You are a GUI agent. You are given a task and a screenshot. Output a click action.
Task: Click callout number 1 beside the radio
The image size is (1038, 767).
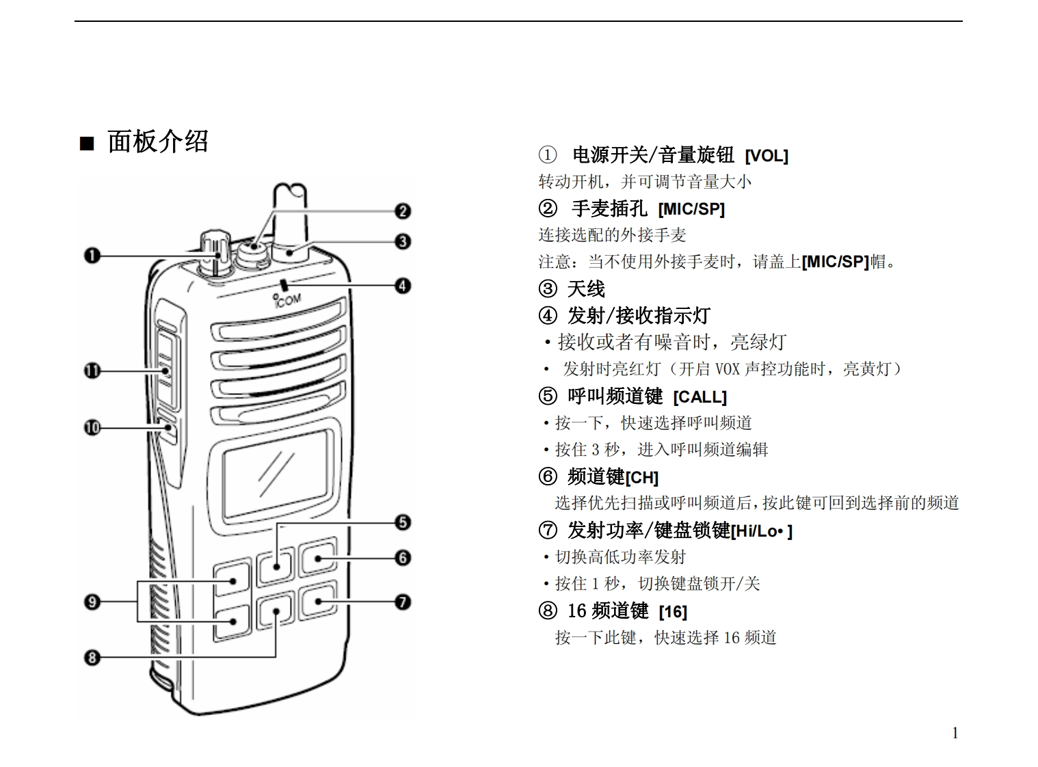(x=92, y=256)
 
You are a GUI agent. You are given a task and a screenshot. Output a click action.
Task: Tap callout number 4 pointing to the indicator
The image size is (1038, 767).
(x=403, y=285)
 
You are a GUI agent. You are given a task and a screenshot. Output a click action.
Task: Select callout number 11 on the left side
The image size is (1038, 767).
(x=92, y=371)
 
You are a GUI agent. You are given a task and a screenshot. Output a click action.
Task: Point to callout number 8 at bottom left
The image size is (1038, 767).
(x=92, y=658)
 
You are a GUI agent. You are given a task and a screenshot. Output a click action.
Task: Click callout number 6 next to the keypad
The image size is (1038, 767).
(x=403, y=558)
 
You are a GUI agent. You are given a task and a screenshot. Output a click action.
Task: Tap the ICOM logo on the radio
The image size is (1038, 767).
(x=287, y=299)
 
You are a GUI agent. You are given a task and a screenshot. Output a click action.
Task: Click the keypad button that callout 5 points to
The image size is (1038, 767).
(x=275, y=567)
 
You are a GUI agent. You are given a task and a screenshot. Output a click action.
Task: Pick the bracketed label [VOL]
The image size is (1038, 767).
(x=767, y=156)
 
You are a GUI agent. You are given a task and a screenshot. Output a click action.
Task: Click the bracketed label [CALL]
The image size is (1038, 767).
(x=700, y=397)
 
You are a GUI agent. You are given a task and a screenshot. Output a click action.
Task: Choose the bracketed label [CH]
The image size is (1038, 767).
(x=641, y=478)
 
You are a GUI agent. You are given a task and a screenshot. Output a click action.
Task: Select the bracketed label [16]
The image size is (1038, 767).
(x=673, y=612)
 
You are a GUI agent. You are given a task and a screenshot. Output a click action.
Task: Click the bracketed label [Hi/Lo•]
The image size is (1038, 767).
(x=761, y=531)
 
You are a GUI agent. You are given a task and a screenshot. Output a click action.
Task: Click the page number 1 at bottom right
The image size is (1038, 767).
(x=955, y=734)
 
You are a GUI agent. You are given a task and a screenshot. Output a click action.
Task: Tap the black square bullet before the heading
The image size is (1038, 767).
(x=87, y=144)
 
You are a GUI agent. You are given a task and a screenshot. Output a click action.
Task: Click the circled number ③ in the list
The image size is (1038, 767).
(x=548, y=289)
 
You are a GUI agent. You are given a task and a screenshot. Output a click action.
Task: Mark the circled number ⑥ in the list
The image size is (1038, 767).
(x=548, y=476)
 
